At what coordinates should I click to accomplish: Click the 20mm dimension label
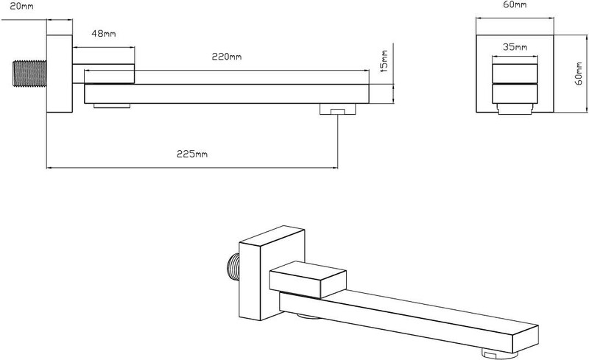pyautogui.click(x=21, y=7)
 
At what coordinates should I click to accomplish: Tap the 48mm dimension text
pyautogui.click(x=104, y=34)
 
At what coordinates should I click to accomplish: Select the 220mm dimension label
pyautogui.click(x=227, y=57)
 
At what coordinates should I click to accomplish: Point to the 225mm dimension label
pyautogui.click(x=192, y=154)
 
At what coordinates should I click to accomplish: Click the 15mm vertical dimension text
pyautogui.click(x=384, y=60)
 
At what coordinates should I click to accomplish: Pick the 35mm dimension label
pyautogui.click(x=515, y=47)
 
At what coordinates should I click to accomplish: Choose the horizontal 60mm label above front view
pyautogui.click(x=515, y=5)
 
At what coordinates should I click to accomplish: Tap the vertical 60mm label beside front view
pyautogui.click(x=579, y=74)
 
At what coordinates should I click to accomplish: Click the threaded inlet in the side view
pyautogui.click(x=29, y=74)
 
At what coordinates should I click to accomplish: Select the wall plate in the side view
pyautogui.click(x=60, y=74)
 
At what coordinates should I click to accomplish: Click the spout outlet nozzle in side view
pyautogui.click(x=338, y=109)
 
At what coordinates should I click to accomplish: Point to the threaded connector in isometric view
pyautogui.click(x=233, y=267)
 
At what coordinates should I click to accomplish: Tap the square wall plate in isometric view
pyautogui.click(x=272, y=273)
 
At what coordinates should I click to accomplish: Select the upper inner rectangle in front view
pyautogui.click(x=515, y=74)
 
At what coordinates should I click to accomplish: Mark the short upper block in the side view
pyautogui.click(x=103, y=74)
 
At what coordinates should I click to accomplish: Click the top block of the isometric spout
pyautogui.click(x=308, y=280)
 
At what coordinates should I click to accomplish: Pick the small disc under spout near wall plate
pyautogui.click(x=112, y=106)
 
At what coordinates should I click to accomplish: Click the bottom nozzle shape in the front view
pyautogui.click(x=515, y=109)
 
